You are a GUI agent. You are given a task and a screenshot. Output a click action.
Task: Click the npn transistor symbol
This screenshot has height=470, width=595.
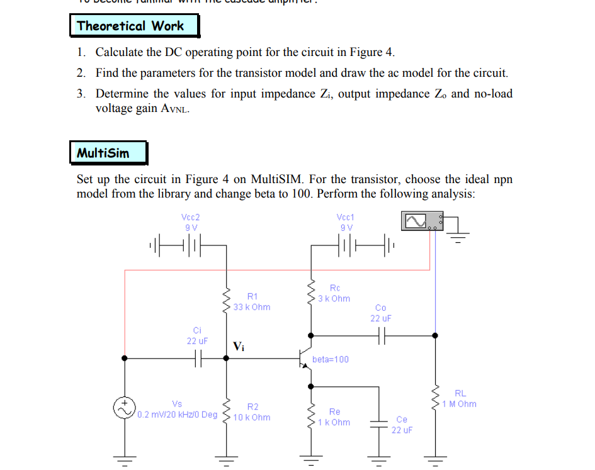(307, 359)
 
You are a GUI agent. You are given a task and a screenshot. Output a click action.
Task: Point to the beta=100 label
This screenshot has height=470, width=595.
(331, 359)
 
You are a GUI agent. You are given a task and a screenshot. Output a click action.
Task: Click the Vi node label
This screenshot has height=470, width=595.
(239, 346)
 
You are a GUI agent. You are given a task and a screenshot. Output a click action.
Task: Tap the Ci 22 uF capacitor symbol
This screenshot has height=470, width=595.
(197, 358)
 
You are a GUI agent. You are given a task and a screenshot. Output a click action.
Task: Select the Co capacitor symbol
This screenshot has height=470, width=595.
(381, 336)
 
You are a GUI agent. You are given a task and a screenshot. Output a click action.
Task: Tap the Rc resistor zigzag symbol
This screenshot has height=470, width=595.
(310, 294)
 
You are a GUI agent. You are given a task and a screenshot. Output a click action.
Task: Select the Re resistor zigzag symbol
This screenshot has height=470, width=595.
(310, 417)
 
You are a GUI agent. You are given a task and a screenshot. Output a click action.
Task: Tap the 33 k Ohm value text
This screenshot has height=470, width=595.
(251, 307)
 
